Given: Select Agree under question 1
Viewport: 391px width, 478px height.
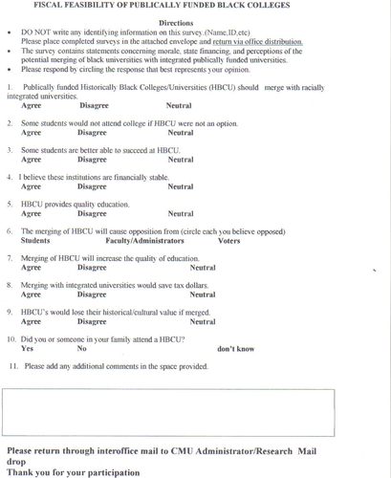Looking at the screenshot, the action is click(x=32, y=106).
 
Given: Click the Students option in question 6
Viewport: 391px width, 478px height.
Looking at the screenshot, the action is click(x=35, y=241).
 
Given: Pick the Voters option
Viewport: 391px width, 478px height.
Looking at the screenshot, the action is click(x=229, y=241).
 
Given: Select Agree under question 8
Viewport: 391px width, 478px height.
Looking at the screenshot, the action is click(x=32, y=295).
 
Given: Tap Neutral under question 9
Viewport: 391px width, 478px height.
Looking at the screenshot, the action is click(x=203, y=322).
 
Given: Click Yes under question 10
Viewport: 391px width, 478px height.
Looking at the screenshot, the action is click(x=27, y=349).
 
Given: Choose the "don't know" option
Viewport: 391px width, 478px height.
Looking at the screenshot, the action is click(x=236, y=349).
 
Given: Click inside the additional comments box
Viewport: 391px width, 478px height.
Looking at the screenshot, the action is click(x=195, y=411).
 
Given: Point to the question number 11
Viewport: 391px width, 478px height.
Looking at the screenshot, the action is click(x=14, y=365).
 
